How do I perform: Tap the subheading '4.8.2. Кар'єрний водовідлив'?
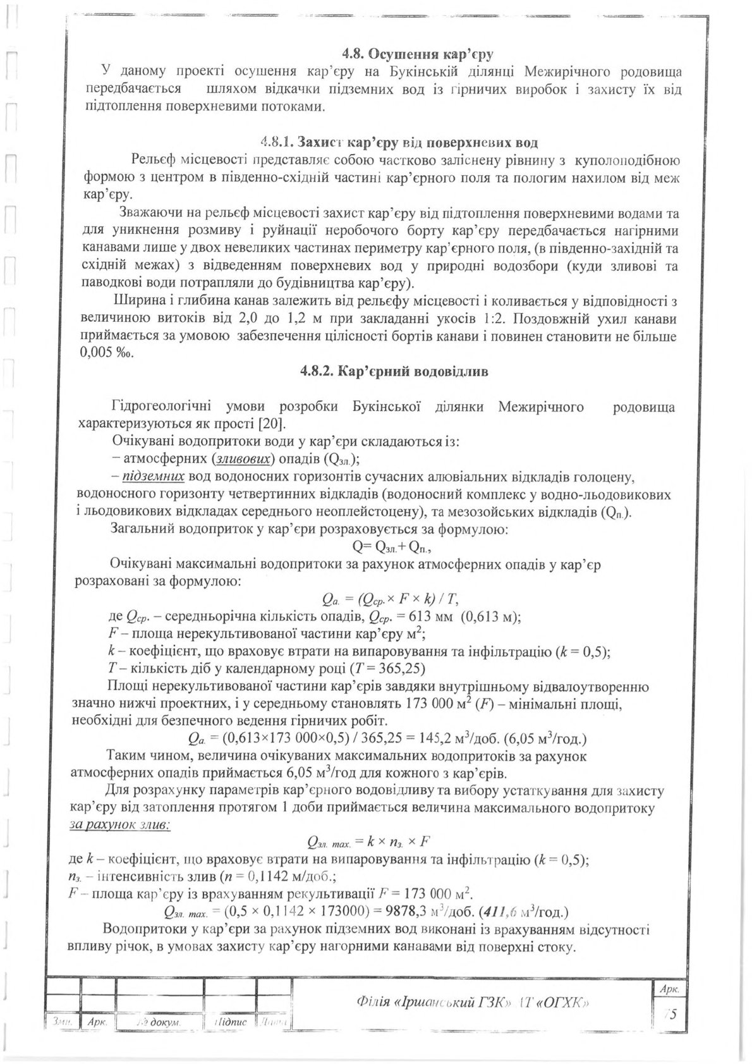click(394, 371)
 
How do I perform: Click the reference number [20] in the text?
click(272, 422)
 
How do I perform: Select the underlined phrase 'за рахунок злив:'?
click(119, 825)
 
